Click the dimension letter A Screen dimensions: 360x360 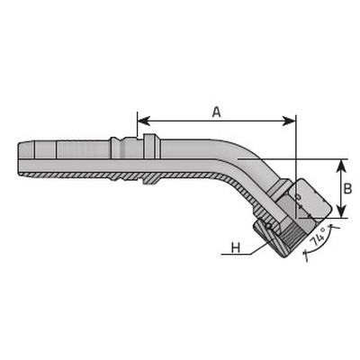[216, 112]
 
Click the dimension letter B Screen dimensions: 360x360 [347, 189]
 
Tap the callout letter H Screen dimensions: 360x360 [236, 247]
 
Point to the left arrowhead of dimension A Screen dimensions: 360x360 [143, 121]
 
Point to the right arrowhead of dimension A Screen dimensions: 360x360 [290, 121]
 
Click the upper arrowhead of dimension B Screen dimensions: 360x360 [341, 166]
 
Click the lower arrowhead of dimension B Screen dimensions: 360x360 [341, 211]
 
